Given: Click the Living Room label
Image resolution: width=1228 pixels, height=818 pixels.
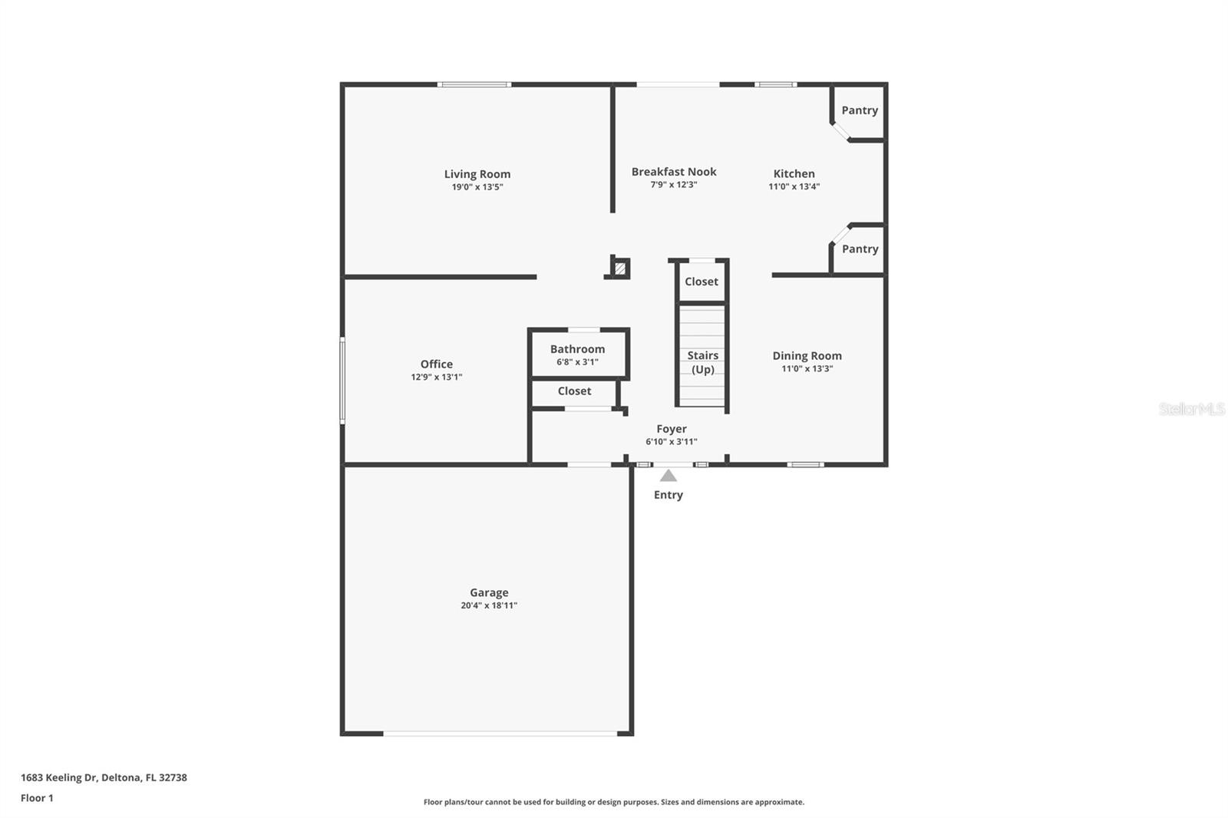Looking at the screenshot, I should [x=477, y=174].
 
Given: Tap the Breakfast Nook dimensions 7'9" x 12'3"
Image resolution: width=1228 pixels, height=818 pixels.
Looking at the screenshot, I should [x=673, y=185].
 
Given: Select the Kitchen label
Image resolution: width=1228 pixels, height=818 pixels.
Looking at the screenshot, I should [x=794, y=173].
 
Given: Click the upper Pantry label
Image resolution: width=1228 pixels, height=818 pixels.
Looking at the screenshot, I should [x=859, y=110].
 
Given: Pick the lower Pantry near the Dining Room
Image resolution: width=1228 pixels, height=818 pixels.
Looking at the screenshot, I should [x=860, y=249].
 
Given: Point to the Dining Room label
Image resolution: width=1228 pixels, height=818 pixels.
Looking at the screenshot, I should [x=807, y=356].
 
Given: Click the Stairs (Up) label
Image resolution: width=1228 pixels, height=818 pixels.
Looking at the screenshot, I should [x=702, y=362].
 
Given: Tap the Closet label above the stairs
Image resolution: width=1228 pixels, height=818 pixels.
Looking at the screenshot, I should [x=701, y=282].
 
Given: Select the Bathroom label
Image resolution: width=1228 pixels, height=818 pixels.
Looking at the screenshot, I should [x=577, y=349].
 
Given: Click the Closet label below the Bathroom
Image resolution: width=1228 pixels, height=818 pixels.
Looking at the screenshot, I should [x=574, y=391].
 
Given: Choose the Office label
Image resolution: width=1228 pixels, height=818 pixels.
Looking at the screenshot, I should [x=436, y=364].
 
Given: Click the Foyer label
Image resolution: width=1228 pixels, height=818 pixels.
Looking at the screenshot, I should [x=671, y=429].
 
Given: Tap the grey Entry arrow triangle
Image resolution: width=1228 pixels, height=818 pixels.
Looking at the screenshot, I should [x=668, y=476].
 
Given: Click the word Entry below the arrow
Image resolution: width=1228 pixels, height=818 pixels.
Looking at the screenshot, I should [x=668, y=495].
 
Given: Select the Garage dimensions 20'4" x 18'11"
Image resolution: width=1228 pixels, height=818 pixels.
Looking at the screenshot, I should [x=489, y=605].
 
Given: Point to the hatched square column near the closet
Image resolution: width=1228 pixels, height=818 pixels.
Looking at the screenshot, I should [x=620, y=269].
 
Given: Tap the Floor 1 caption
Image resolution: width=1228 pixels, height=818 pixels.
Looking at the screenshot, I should [x=37, y=798].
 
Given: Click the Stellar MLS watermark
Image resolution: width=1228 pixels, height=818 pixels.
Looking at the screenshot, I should [x=1191, y=409].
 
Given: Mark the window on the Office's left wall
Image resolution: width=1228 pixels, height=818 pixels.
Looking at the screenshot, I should [x=342, y=381].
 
